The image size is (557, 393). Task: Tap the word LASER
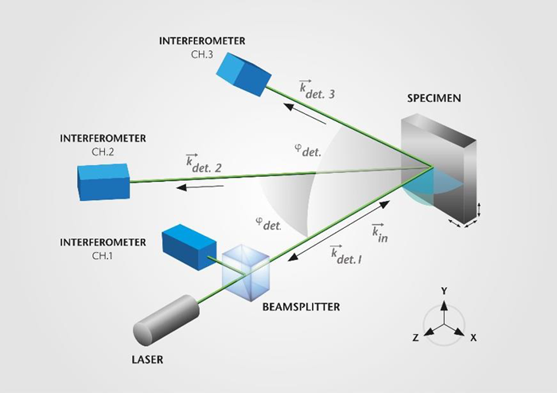146,360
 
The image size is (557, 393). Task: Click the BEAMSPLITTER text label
297,305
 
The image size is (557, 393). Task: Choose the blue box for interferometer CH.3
243,77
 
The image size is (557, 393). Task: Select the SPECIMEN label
434,99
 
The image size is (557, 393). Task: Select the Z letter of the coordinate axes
415,338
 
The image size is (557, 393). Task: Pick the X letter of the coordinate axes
473,338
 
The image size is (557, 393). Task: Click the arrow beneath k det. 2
199,188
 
